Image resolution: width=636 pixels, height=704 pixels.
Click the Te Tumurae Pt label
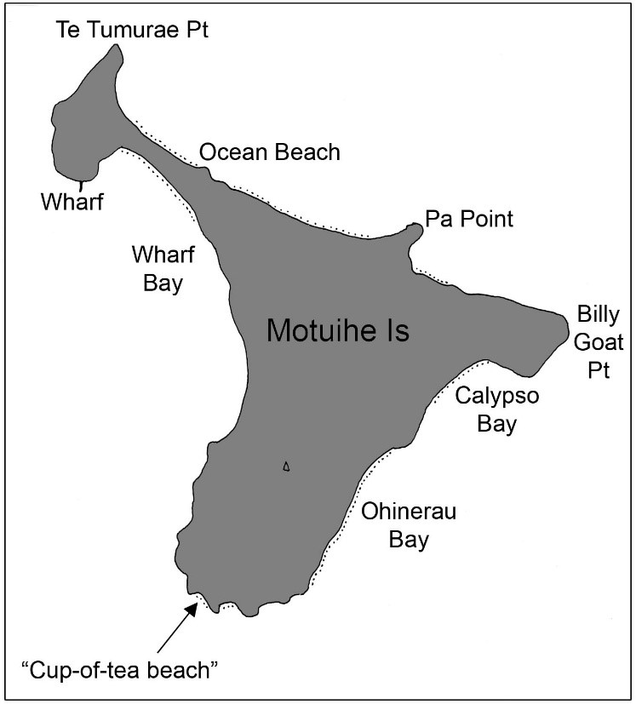click(x=132, y=31)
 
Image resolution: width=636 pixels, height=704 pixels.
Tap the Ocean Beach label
click(x=269, y=153)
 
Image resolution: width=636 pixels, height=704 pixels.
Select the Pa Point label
click(x=469, y=220)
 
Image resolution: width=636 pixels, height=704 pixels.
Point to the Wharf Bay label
click(x=158, y=268)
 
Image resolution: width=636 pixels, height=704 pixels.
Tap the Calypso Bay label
click(x=496, y=409)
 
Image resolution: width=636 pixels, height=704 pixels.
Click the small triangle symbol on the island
click(x=287, y=466)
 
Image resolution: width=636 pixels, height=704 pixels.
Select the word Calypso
click(x=496, y=396)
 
